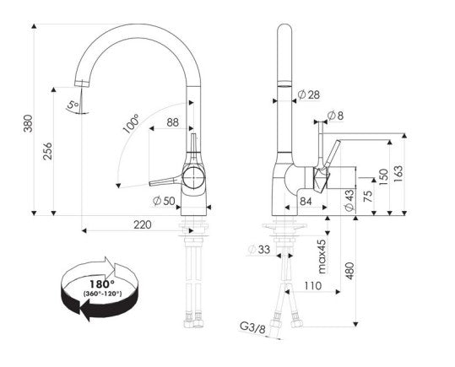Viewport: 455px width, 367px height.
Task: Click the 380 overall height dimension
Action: [x=28, y=123]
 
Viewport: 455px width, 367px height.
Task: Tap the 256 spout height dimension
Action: [x=47, y=151]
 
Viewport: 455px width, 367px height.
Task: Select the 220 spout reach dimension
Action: [x=143, y=224]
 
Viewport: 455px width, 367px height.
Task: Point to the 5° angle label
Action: [x=73, y=104]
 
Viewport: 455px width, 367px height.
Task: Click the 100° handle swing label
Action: [x=131, y=124]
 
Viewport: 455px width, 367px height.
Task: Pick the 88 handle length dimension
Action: [x=173, y=122]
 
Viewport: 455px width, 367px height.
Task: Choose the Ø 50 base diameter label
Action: [x=164, y=201]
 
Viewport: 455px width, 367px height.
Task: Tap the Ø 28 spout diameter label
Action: [x=309, y=94]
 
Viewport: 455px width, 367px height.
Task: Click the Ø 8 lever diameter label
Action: [x=335, y=116]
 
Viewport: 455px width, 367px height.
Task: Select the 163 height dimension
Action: [x=398, y=174]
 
